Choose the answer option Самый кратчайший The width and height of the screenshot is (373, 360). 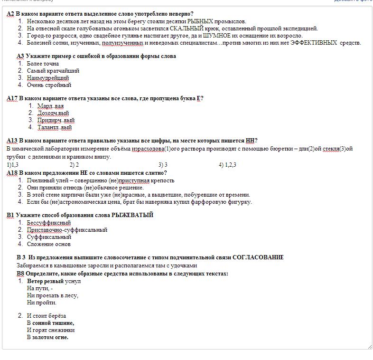click(53, 71)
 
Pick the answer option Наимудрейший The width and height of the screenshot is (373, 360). click(48, 78)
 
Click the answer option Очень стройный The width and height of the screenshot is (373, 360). click(49, 85)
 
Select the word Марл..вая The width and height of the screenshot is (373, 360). click(50, 106)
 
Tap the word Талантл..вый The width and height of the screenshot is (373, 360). click(55, 127)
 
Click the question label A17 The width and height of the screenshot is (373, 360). click(12, 98)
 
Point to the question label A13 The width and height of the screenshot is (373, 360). click(12, 141)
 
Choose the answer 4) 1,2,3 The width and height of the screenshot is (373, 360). click(227, 165)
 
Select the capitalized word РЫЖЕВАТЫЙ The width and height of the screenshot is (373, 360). click(132, 215)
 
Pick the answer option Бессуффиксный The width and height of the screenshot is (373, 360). click(49, 223)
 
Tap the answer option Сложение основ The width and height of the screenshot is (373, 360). click(49, 244)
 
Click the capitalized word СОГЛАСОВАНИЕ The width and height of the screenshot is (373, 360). click(258, 257)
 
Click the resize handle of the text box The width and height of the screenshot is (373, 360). click(369, 347)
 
